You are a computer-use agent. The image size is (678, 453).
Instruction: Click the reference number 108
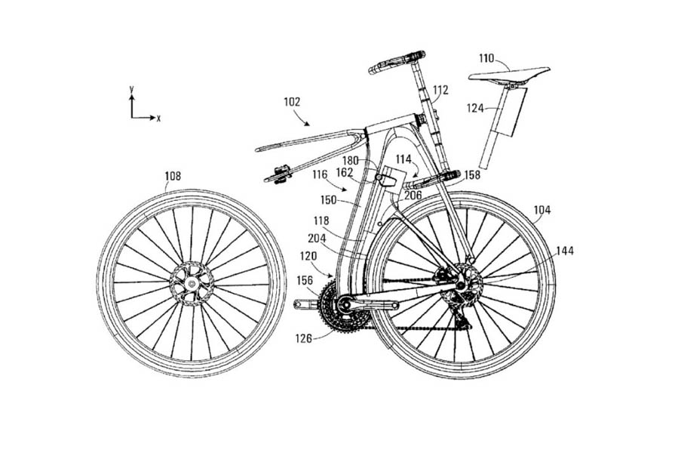(x=173, y=176)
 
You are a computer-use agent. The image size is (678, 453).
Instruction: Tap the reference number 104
(x=542, y=210)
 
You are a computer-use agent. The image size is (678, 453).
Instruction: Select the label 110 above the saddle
(x=487, y=58)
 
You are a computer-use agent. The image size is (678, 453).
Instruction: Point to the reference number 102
(x=292, y=102)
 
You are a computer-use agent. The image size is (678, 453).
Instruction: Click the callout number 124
(x=475, y=108)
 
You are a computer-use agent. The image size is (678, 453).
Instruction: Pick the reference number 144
(x=565, y=251)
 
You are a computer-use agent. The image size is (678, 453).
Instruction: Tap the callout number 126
(x=303, y=338)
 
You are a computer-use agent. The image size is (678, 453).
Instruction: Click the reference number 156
(x=305, y=281)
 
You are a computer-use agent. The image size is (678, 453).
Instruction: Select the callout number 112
(x=440, y=90)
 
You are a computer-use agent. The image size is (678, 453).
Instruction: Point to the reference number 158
(x=472, y=175)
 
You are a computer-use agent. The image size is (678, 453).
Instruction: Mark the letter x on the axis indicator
(x=158, y=119)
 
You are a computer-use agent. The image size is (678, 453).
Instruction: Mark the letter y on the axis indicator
(x=131, y=89)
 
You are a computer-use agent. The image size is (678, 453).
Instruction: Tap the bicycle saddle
(x=509, y=75)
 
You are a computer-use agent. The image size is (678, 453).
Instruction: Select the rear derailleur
(x=459, y=307)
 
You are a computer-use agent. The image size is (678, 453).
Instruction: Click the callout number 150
(x=328, y=201)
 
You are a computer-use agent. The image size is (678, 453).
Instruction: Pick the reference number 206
(x=413, y=196)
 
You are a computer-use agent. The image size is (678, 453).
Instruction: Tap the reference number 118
(x=321, y=221)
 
